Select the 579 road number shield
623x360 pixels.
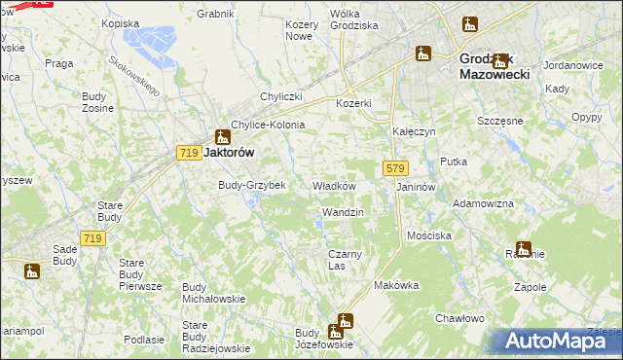tap(394, 168)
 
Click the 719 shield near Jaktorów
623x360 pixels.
tap(189, 153)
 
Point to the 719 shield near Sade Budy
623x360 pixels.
tap(92, 238)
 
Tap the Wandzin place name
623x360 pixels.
tap(343, 212)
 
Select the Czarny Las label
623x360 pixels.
tap(345, 260)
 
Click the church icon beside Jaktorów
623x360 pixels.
tap(222, 136)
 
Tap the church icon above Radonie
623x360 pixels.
tap(523, 247)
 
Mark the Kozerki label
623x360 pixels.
tap(354, 103)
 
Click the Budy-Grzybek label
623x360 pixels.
tap(251, 185)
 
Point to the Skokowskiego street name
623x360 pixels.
tap(134, 74)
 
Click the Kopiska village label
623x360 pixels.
tap(120, 22)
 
